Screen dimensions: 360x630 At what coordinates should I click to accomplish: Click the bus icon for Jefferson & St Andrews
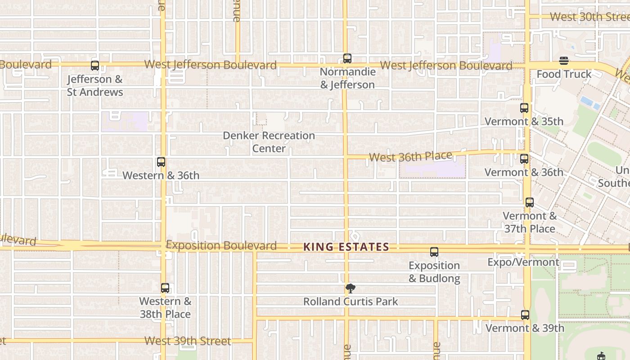[x=94, y=65]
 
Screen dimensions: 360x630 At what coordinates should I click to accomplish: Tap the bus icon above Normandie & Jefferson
[x=347, y=58]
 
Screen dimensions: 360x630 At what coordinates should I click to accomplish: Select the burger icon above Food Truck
[x=564, y=61]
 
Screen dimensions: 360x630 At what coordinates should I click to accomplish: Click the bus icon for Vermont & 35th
[x=524, y=108]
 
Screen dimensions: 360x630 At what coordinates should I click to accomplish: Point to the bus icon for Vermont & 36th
[x=524, y=159]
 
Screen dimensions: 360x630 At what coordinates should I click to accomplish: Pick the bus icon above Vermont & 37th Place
[x=529, y=202]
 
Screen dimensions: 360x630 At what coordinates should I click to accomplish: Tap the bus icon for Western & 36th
[x=161, y=162]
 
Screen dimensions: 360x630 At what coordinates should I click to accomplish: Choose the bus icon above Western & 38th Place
[x=165, y=288]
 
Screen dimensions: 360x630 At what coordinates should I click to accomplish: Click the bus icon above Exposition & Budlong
[x=434, y=252]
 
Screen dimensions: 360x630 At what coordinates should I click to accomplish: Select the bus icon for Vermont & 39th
[x=525, y=315]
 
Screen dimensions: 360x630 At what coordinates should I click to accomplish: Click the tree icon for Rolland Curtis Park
[x=351, y=288]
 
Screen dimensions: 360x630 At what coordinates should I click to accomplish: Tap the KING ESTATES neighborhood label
[x=346, y=247]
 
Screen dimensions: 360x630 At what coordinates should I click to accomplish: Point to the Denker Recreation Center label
[x=269, y=142]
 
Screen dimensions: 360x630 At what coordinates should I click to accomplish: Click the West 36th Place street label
[x=410, y=157]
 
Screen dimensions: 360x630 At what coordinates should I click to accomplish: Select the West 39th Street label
[x=188, y=341]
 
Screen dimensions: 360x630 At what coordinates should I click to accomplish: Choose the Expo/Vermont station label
[x=523, y=262]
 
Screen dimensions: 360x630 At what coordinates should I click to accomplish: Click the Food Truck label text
[x=564, y=74]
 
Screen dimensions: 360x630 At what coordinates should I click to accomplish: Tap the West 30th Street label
[x=589, y=17]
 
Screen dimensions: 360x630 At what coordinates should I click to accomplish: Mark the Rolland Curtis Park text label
[x=351, y=301]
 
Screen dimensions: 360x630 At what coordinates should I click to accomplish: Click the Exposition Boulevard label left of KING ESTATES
[x=221, y=246]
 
